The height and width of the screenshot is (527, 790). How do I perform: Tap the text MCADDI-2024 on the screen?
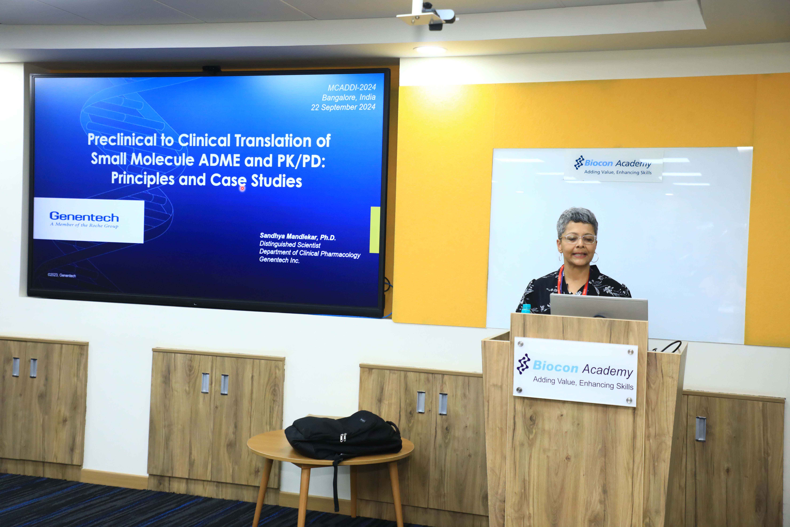(352, 87)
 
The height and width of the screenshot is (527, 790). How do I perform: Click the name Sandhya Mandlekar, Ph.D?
(298, 237)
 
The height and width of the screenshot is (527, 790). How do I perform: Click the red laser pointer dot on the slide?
(242, 188)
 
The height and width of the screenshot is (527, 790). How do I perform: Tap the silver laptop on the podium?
(598, 307)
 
